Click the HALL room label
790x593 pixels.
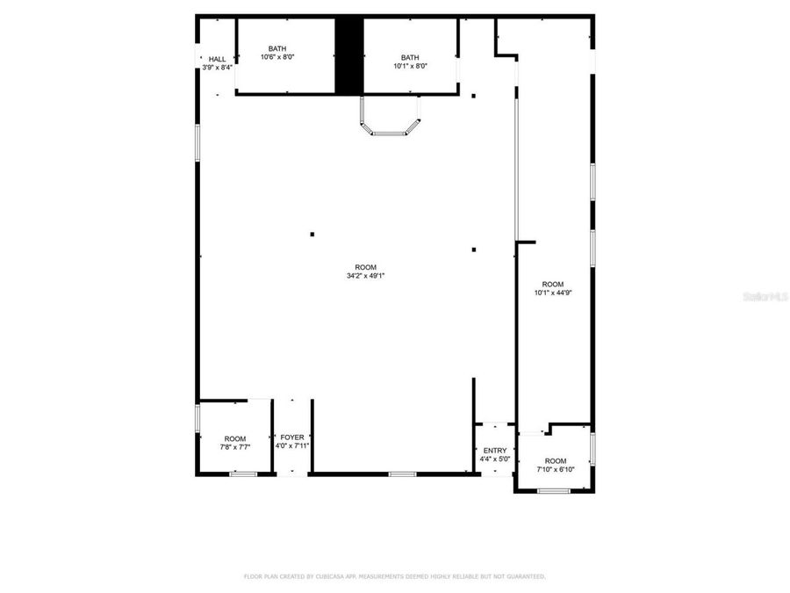pyautogui.click(x=217, y=59)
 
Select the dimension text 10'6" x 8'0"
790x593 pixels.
pyautogui.click(x=277, y=57)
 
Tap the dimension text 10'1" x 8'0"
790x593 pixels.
pyautogui.click(x=410, y=65)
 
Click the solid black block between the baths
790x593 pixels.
pyautogui.click(x=349, y=54)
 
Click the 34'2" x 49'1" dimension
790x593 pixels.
pyautogui.click(x=365, y=276)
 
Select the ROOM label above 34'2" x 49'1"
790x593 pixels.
pyautogui.click(x=365, y=267)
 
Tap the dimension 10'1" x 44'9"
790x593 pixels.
pyautogui.click(x=553, y=293)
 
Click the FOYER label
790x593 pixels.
pyautogui.click(x=292, y=438)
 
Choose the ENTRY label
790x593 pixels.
pyautogui.click(x=495, y=451)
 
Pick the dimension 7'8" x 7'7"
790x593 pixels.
pyautogui.click(x=235, y=447)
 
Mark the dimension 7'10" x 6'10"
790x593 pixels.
pyautogui.click(x=556, y=469)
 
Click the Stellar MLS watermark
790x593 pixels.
pyautogui.click(x=765, y=297)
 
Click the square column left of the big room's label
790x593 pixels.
pyautogui.click(x=312, y=234)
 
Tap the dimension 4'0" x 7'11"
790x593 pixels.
pyautogui.click(x=292, y=445)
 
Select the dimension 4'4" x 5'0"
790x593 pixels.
pyautogui.click(x=495, y=459)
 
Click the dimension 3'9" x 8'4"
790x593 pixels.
pyautogui.click(x=217, y=67)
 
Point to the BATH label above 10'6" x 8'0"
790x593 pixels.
pyautogui.click(x=277, y=49)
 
